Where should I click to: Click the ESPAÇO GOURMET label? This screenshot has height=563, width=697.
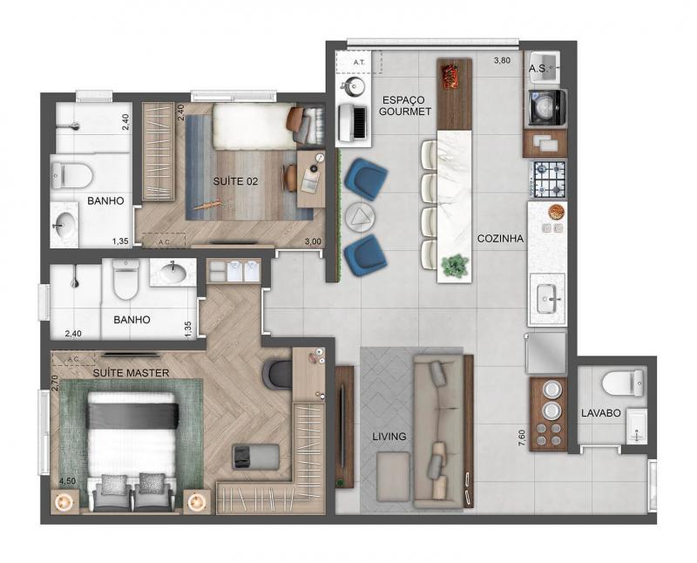pyautogui.click(x=404, y=105)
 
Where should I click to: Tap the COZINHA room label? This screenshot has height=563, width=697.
pyautogui.click(x=500, y=239)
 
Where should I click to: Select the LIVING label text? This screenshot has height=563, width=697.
pyautogui.click(x=389, y=437)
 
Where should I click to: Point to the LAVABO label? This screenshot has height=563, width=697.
pyautogui.click(x=600, y=413)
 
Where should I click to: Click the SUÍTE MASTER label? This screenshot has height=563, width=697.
pyautogui.click(x=131, y=373)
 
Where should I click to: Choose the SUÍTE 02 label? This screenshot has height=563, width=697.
pyautogui.click(x=235, y=181)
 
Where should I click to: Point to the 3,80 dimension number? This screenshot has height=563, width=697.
pyautogui.click(x=502, y=61)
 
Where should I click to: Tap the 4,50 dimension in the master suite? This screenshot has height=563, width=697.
pyautogui.click(x=67, y=481)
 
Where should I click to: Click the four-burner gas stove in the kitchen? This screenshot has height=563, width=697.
pyautogui.click(x=549, y=180)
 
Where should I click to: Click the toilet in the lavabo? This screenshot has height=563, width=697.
pyautogui.click(x=622, y=383)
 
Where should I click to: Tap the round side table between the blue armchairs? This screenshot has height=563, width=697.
pyautogui.click(x=360, y=217)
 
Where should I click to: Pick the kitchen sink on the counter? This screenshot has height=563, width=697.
pyautogui.click(x=548, y=299)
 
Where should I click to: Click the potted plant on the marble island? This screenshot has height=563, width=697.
pyautogui.click(x=455, y=266)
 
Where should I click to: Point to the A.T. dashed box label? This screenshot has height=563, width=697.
pyautogui.click(x=359, y=62)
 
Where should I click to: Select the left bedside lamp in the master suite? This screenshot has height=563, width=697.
pyautogui.click(x=64, y=503)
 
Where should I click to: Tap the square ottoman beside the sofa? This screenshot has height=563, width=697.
pyautogui.click(x=393, y=477)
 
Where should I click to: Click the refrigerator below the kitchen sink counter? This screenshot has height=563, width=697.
pyautogui.click(x=546, y=353)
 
